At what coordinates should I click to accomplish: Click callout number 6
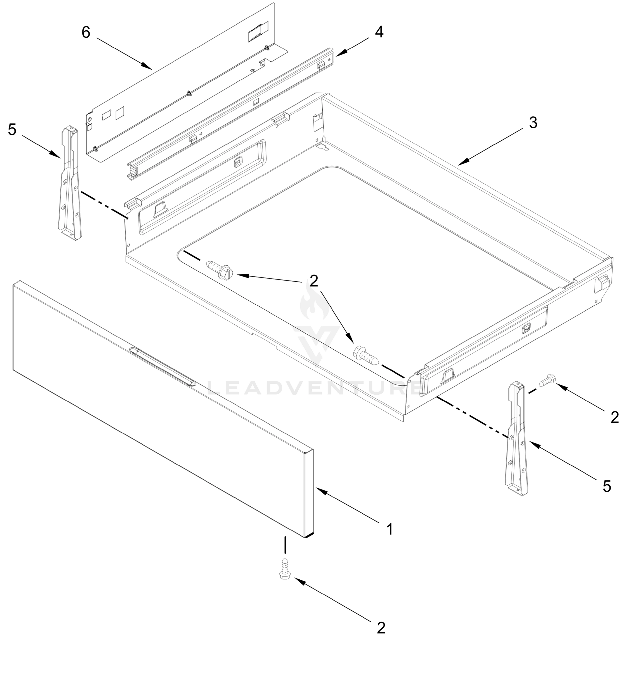(x=86, y=33)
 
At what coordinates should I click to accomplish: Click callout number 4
(x=379, y=32)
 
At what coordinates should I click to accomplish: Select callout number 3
(x=533, y=123)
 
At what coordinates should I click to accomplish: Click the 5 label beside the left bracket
(x=12, y=129)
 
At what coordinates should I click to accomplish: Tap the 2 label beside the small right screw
(x=615, y=417)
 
